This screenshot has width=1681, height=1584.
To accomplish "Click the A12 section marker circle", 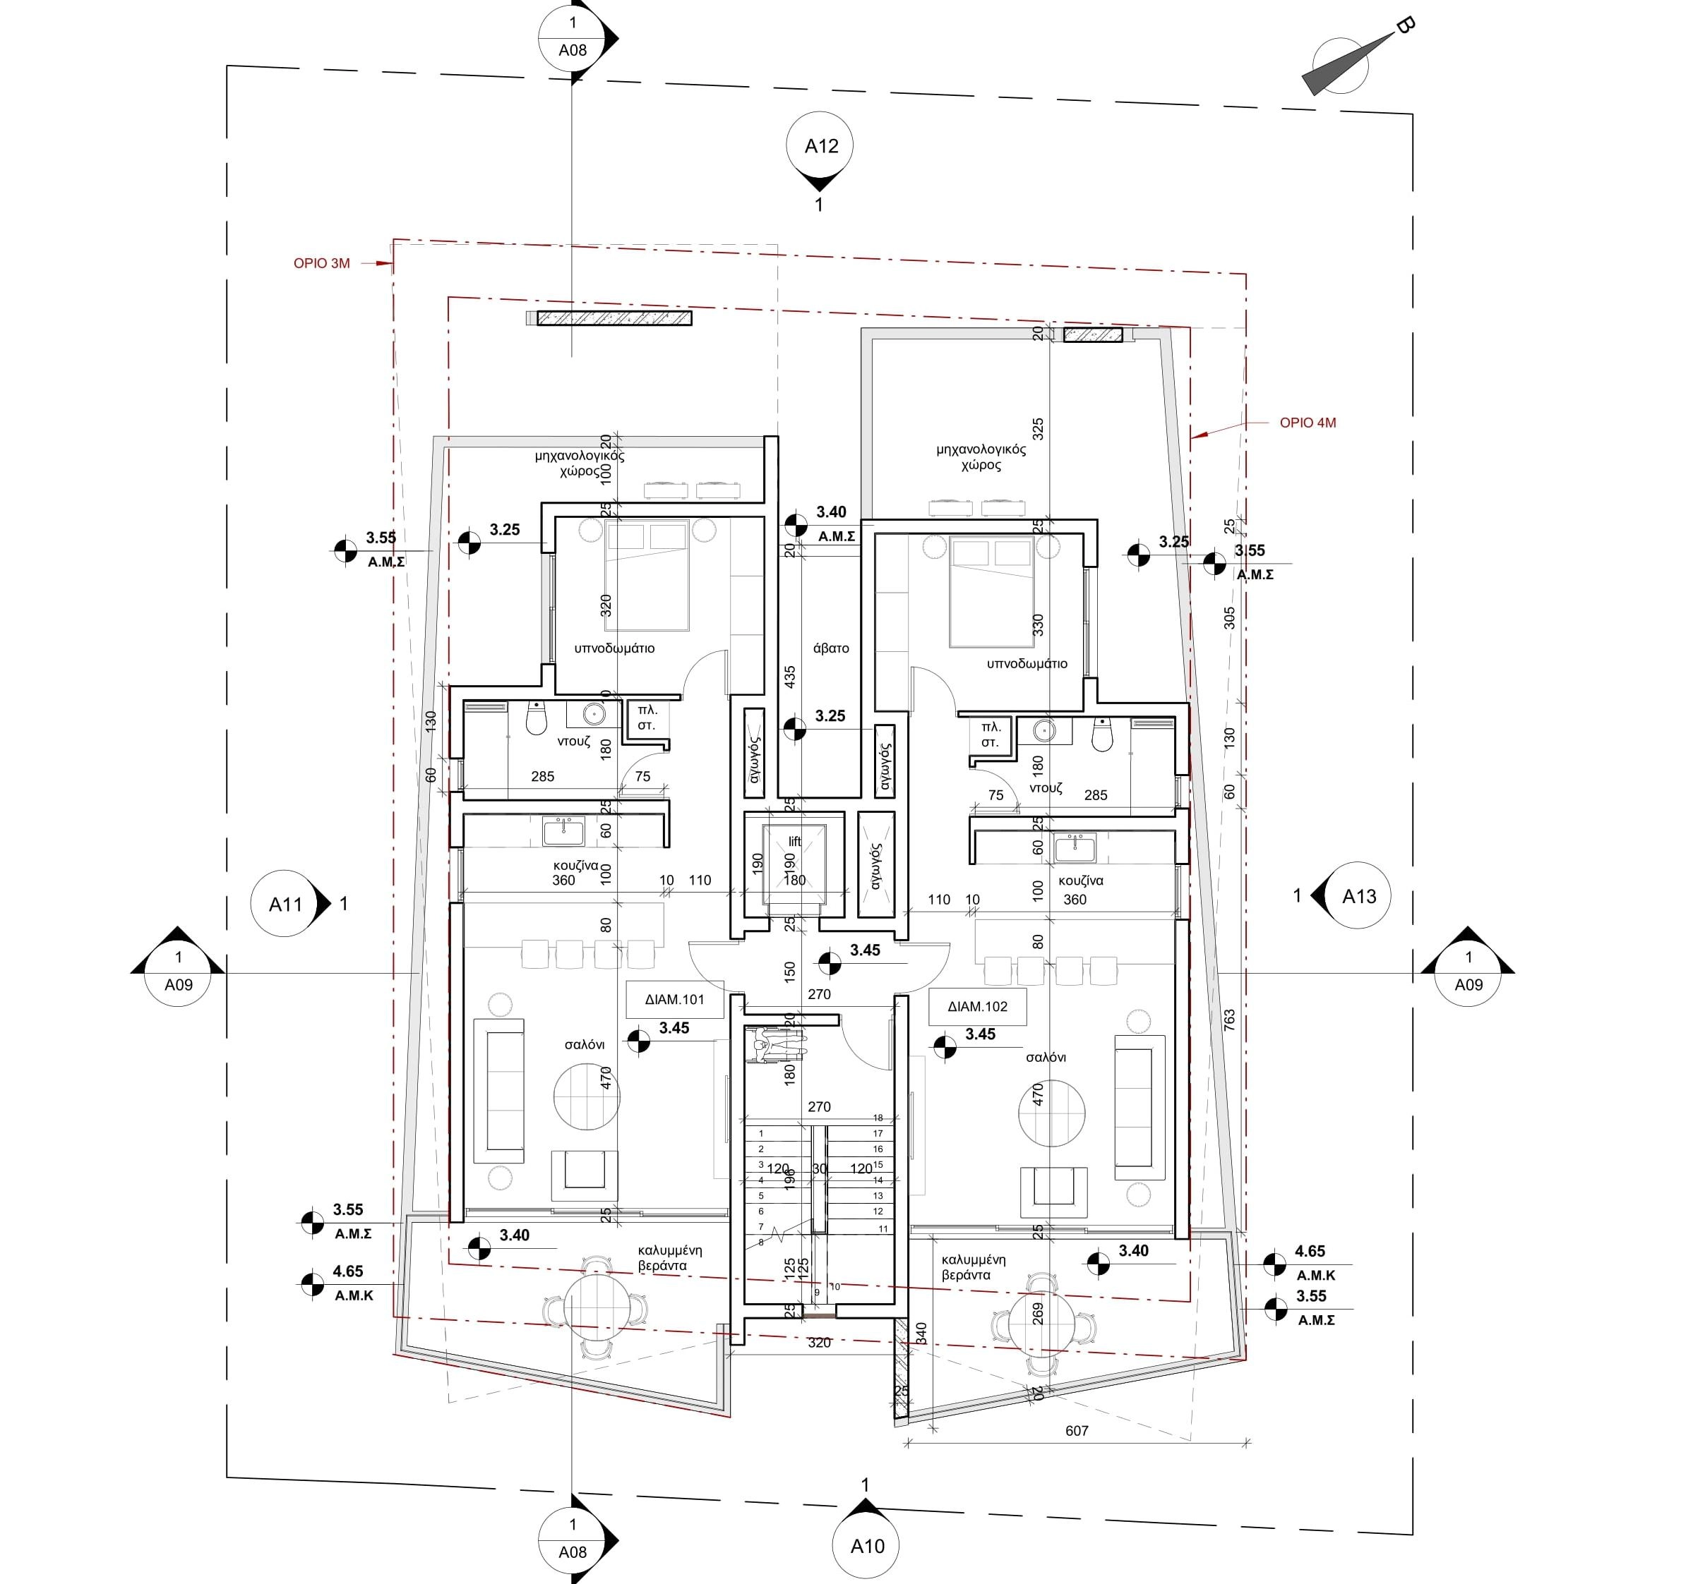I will click(x=818, y=146).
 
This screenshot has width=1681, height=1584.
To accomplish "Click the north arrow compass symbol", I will click(x=1340, y=65).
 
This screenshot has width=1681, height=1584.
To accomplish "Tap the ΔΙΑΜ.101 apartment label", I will click(x=674, y=999).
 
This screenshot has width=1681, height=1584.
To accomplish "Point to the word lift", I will click(x=794, y=841).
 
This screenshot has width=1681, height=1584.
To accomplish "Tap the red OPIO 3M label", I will click(x=321, y=264).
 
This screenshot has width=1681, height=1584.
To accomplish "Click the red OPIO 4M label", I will click(x=1308, y=423).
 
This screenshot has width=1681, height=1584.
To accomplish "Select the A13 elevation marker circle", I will click(x=1359, y=897).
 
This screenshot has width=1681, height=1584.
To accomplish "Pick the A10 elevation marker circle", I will click(x=867, y=1546).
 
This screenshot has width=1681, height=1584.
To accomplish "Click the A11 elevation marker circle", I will click(x=286, y=905).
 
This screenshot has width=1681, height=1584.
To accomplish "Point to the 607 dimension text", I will click(x=1077, y=1431).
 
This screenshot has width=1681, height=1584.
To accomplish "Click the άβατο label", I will click(x=830, y=648).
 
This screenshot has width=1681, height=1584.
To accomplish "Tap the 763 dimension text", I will click(x=1229, y=1020).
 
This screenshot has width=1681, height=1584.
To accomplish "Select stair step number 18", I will click(x=878, y=1118).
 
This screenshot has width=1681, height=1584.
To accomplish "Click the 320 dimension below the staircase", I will click(x=818, y=1342).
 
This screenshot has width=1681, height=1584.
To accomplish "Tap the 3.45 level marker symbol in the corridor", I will click(x=830, y=962).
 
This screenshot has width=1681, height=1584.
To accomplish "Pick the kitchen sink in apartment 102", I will click(x=1075, y=847).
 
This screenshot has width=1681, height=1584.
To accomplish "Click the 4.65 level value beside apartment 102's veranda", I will click(x=1310, y=1251).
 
